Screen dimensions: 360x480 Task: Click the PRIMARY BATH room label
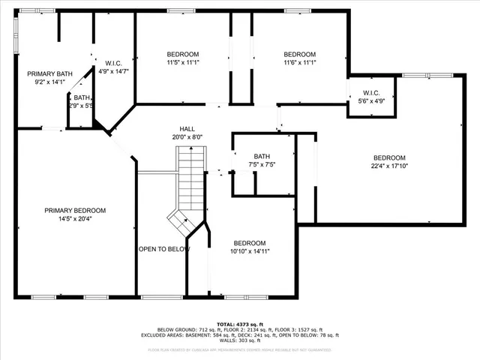[x=50, y=73]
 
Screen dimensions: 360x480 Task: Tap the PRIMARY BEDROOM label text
[x=74, y=211]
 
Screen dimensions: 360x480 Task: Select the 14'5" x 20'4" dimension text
[x=74, y=220]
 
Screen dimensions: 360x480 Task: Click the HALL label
[x=187, y=129]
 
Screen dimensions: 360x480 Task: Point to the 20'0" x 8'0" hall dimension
[x=187, y=137]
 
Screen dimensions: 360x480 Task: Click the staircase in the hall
[x=189, y=180]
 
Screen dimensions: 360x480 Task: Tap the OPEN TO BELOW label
[x=163, y=249]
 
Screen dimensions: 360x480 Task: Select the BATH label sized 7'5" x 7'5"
[x=262, y=156]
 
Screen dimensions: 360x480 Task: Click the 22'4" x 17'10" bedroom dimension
[x=389, y=166]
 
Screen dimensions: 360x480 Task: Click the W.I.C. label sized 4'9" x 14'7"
[x=113, y=63]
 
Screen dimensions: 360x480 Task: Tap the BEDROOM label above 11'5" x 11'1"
[x=182, y=54]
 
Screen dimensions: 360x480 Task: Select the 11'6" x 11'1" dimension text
[x=299, y=63]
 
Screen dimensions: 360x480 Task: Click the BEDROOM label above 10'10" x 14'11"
[x=249, y=243]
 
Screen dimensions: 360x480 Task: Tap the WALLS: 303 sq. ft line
[x=239, y=341]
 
